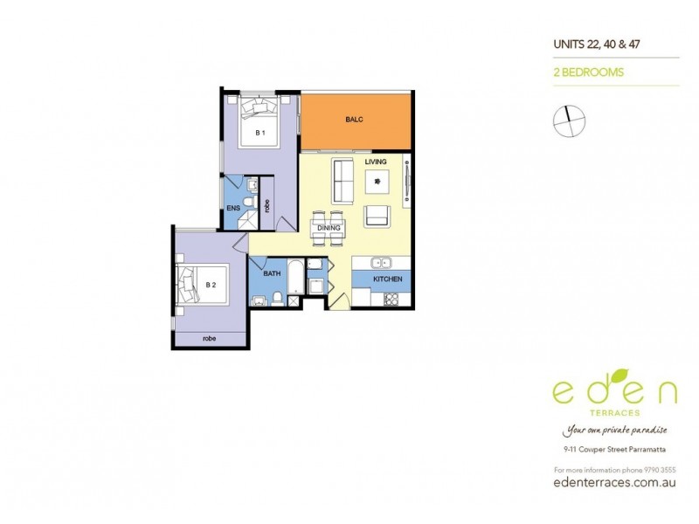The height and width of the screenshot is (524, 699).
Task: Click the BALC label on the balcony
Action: tap(354, 119)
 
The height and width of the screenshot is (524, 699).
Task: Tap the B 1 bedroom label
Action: tap(260, 133)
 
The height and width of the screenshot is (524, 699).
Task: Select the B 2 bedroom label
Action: tap(210, 285)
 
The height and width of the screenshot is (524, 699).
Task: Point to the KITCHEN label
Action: tap(387, 279)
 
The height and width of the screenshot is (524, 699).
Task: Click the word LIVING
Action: tap(376, 162)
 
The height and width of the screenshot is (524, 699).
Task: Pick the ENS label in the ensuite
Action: tap(233, 208)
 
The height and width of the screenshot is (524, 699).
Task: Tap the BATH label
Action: tap(272, 273)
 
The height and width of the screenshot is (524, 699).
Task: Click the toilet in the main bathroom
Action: tap(277, 299)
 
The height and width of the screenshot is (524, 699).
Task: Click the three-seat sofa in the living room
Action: tap(343, 182)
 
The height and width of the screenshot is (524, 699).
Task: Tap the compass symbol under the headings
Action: tap(568, 120)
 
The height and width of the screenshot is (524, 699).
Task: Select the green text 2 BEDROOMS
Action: tap(589, 73)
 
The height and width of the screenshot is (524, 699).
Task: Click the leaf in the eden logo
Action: tap(619, 373)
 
